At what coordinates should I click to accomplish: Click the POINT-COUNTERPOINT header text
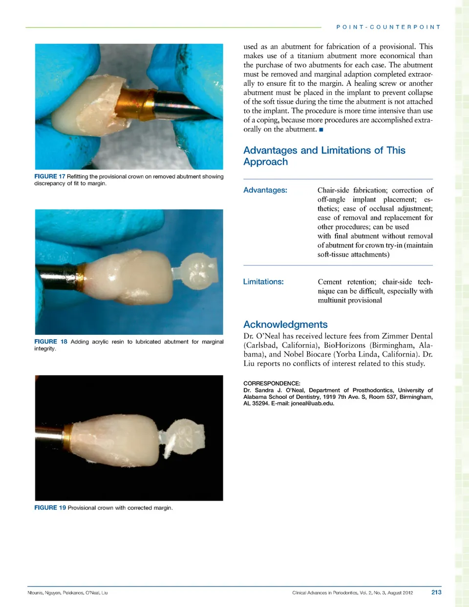(x=388, y=27)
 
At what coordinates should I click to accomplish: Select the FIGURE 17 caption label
(x=49, y=176)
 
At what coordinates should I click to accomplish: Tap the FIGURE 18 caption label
(x=50, y=342)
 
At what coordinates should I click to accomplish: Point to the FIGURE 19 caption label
(x=50, y=508)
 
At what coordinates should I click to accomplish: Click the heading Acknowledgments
(x=285, y=325)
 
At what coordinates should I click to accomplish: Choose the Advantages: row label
(x=265, y=190)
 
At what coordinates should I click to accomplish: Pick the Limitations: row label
(x=263, y=282)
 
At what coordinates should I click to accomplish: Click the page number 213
(x=436, y=592)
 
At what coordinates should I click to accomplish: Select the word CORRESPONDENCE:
(x=272, y=383)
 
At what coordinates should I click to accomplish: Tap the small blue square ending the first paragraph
(x=321, y=130)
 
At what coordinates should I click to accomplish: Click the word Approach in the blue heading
(x=265, y=162)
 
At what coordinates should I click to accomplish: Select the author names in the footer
(x=67, y=593)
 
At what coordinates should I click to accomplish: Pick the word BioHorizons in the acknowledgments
(x=344, y=345)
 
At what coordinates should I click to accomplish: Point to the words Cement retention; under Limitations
(x=347, y=282)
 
